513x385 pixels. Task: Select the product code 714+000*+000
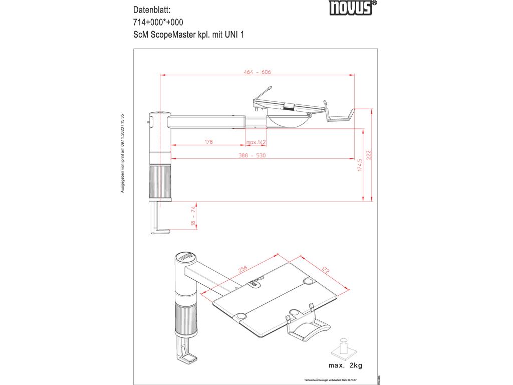(x=158, y=22)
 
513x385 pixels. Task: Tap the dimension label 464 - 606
(x=258, y=72)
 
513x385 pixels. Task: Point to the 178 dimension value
(x=208, y=142)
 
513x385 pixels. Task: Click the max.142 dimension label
(x=255, y=142)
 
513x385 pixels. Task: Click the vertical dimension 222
(x=369, y=155)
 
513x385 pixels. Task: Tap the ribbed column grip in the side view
(x=160, y=182)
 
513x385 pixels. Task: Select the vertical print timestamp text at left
(x=122, y=153)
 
